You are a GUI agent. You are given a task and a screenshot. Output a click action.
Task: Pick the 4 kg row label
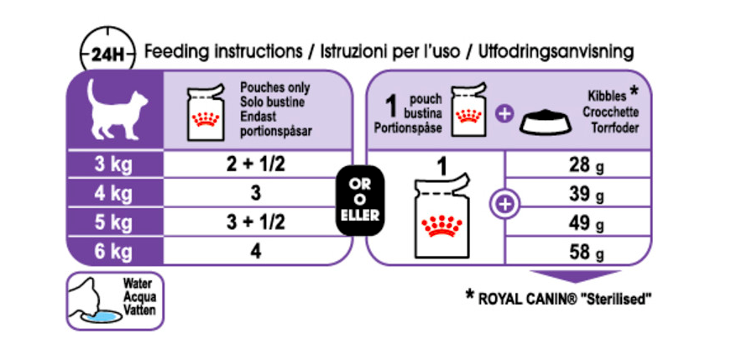click(x=113, y=194)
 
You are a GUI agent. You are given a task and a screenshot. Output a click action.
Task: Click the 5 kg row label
click(x=113, y=223)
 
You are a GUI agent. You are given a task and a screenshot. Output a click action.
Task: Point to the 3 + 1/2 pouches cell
click(x=256, y=223)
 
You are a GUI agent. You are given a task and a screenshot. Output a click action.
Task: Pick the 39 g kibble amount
click(x=582, y=195)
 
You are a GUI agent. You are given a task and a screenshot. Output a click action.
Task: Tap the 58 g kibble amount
click(x=582, y=253)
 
